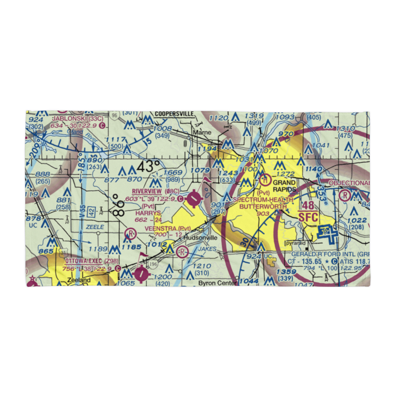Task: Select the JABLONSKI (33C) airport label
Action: [x=78, y=118]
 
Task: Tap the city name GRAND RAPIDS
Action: [x=284, y=186]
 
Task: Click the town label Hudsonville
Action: [x=201, y=238]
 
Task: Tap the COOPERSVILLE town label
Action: [x=174, y=114]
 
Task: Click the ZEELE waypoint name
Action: [x=95, y=227]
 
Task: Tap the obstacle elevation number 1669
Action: [x=173, y=173]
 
